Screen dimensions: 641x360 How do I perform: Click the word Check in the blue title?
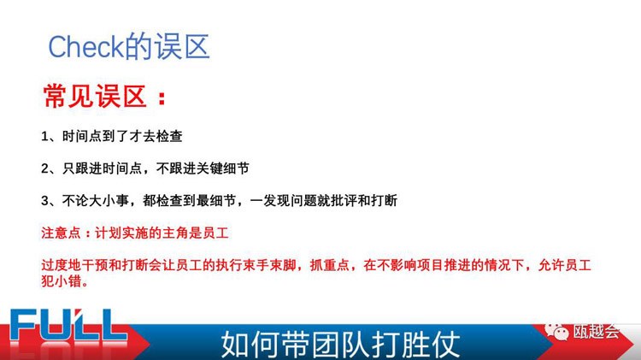[x=85, y=47]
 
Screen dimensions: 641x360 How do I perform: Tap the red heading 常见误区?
[x=95, y=97]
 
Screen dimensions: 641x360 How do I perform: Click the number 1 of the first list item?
[x=44, y=136]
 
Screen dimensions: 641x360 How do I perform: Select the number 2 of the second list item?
[x=44, y=168]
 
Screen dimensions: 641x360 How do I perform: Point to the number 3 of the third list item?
[x=44, y=201]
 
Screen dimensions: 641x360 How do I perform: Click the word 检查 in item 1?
[x=169, y=136]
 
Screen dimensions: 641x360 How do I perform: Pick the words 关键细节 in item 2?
[x=222, y=168]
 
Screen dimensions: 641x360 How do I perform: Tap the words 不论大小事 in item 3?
[x=95, y=200]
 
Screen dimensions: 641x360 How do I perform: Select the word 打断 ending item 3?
[x=385, y=200]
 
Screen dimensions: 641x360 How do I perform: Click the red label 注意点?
[x=61, y=233]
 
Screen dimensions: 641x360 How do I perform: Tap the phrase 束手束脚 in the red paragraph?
[x=269, y=265]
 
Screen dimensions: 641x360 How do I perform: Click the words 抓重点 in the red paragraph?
[x=330, y=265]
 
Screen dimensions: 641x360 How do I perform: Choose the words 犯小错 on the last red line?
[x=61, y=280]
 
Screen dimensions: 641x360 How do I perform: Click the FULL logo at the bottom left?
[x=68, y=325]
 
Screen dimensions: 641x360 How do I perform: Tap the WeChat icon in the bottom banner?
[x=556, y=331]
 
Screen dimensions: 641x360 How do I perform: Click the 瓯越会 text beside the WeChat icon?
[x=597, y=331]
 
